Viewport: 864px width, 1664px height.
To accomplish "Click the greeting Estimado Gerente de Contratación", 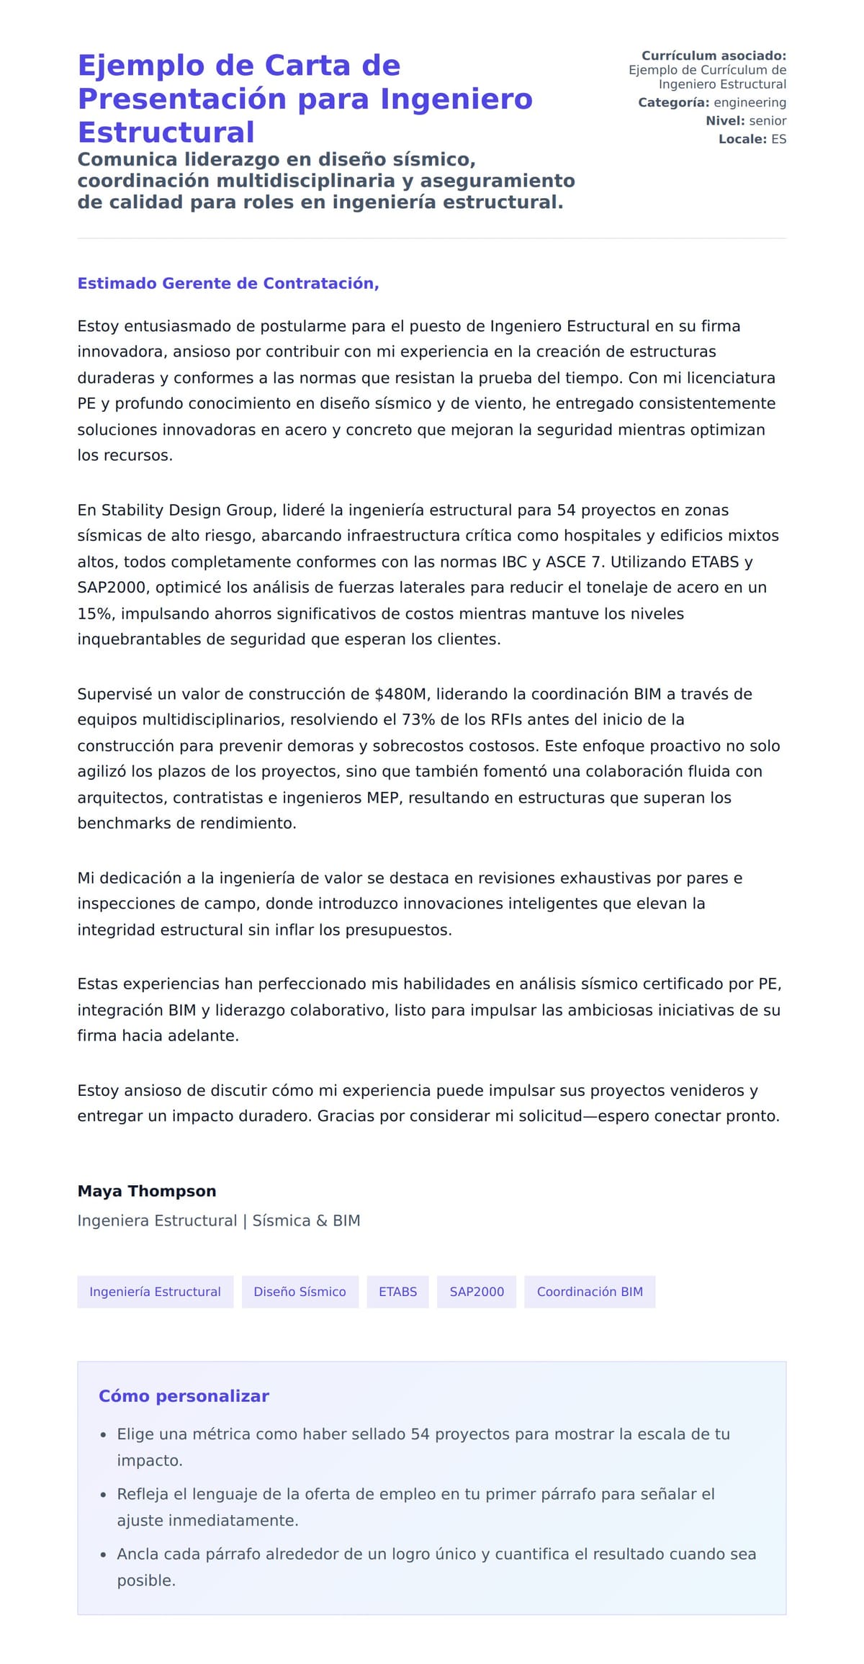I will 228,283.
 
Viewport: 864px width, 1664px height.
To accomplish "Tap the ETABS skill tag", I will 397,1291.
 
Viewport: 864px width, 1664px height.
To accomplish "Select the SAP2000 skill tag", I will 477,1291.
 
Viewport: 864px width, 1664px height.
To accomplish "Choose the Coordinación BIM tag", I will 589,1291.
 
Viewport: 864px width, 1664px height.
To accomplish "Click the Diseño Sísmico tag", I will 300,1291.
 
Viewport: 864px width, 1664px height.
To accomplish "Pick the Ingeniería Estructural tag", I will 155,1291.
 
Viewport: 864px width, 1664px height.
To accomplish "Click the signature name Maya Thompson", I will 147,1190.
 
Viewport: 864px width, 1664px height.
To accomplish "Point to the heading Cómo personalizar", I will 184,1395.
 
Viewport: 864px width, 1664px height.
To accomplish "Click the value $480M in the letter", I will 401,693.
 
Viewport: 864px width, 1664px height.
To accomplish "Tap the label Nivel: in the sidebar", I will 725,121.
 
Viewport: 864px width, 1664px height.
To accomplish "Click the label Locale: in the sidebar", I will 742,139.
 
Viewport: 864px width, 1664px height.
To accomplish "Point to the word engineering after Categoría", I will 750,102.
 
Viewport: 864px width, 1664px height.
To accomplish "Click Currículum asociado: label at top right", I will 714,55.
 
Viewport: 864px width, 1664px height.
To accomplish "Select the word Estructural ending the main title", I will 166,132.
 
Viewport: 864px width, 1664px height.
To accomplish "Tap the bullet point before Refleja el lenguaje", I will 104,1494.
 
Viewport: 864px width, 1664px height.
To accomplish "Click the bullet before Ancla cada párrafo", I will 104,1554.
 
